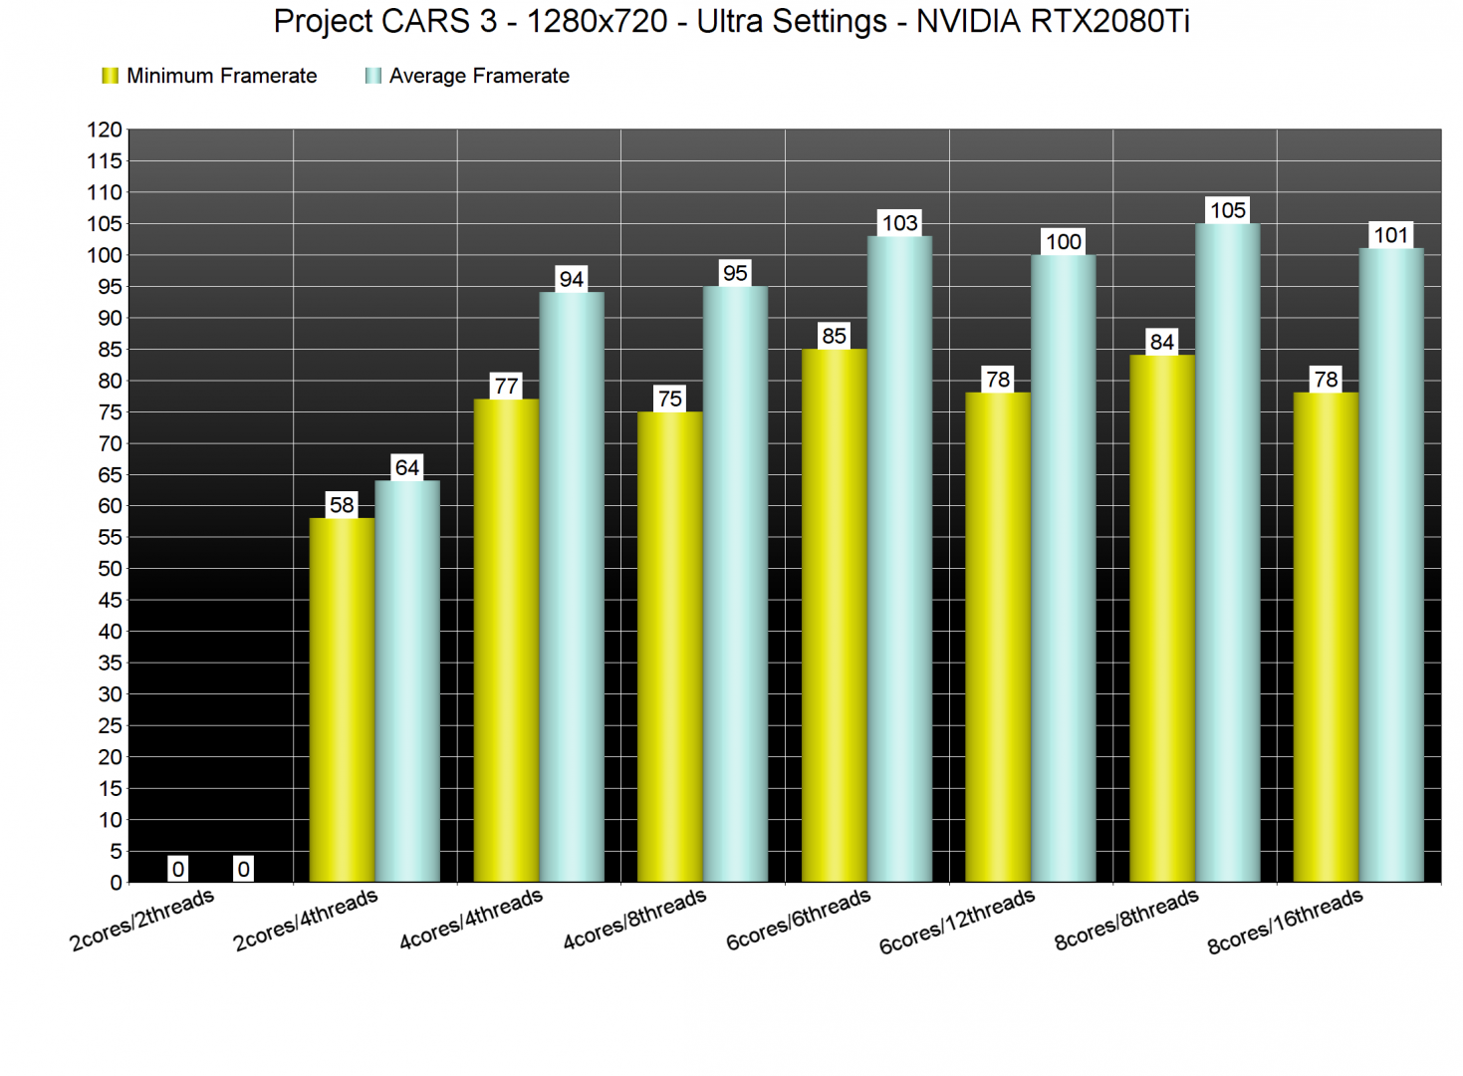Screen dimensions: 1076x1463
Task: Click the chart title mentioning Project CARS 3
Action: (731, 22)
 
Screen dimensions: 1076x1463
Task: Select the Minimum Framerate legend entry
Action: (210, 76)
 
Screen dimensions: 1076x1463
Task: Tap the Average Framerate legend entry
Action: (468, 76)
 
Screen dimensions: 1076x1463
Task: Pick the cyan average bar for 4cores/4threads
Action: (572, 587)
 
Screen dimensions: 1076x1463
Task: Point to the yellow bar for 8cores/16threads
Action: (1326, 637)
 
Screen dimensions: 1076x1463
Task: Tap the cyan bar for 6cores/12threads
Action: (1064, 568)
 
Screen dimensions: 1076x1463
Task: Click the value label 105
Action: (1227, 210)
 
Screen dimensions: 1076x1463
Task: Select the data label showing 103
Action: (899, 223)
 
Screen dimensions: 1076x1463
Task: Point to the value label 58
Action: (342, 505)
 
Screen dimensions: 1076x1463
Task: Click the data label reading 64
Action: (407, 467)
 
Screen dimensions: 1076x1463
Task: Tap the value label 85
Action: (834, 336)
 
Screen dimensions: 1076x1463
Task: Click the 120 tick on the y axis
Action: (105, 130)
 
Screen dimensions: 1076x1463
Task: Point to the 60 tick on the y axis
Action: (110, 506)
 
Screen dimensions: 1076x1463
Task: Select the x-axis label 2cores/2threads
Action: (142, 920)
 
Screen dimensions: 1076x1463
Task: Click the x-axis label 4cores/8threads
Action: (634, 920)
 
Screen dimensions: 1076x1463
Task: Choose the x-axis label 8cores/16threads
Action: (1285, 922)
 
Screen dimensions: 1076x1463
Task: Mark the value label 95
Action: (735, 273)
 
